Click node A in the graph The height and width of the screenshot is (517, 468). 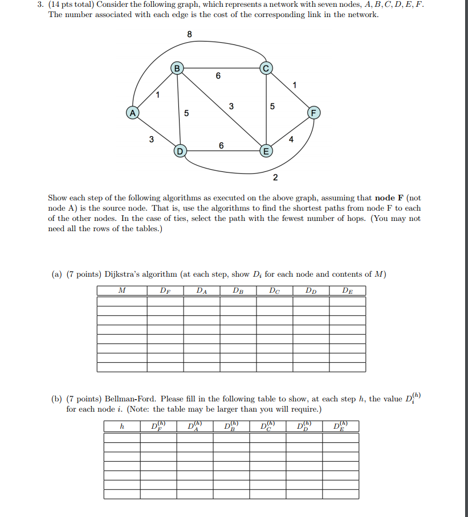pyautogui.click(x=133, y=113)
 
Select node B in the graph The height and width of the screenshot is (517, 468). pyautogui.click(x=177, y=69)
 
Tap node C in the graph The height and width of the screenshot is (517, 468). pyautogui.click(x=266, y=69)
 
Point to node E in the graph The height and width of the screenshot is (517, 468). pyautogui.click(x=264, y=151)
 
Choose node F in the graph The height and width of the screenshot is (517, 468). pyautogui.click(x=313, y=112)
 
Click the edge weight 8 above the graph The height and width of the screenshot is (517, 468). pyautogui.click(x=189, y=35)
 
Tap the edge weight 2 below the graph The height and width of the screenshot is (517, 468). pyautogui.click(x=275, y=178)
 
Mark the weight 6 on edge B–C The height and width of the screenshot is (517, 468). pyautogui.click(x=218, y=76)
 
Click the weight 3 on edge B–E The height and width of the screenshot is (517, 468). pyautogui.click(x=231, y=106)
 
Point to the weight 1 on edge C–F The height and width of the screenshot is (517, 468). pyautogui.click(x=294, y=85)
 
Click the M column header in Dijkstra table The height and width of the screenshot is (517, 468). pyautogui.click(x=121, y=290)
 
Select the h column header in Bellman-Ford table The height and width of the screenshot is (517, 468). pyautogui.click(x=121, y=426)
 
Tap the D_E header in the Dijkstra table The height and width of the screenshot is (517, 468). pyautogui.click(x=347, y=290)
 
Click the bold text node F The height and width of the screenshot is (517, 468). pyautogui.click(x=389, y=198)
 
